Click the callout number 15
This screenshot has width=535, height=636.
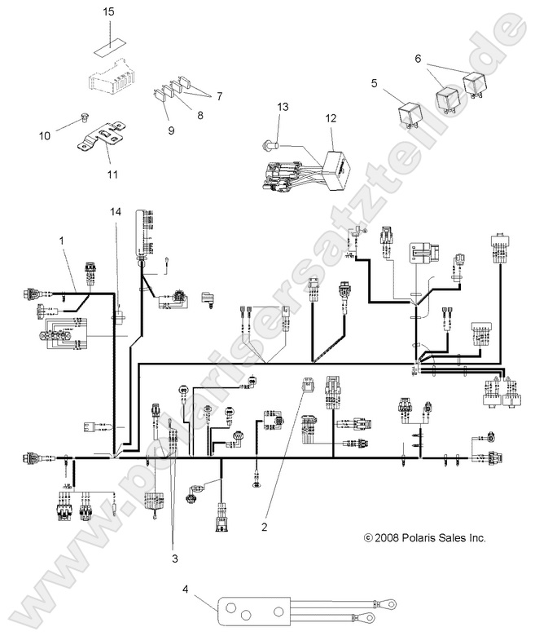(109, 13)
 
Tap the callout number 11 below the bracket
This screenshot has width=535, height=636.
(111, 174)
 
